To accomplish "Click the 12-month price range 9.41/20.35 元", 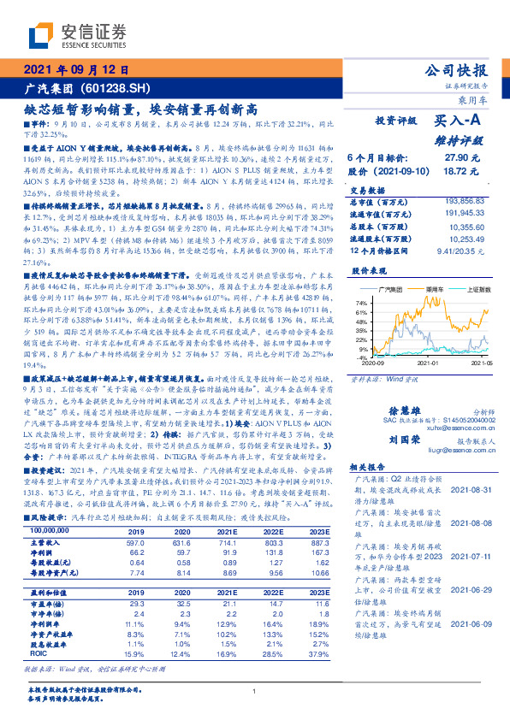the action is tap(465, 250).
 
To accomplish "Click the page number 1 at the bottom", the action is tap(255, 691).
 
